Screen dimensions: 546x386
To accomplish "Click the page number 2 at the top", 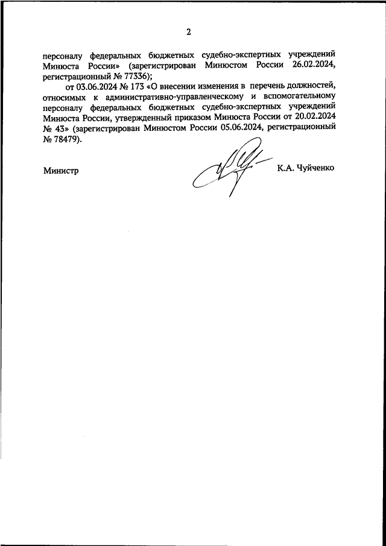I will tap(188, 32).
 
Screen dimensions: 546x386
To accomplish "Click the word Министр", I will tap(62, 171).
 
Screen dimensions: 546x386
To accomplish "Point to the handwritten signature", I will tap(227, 166).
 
